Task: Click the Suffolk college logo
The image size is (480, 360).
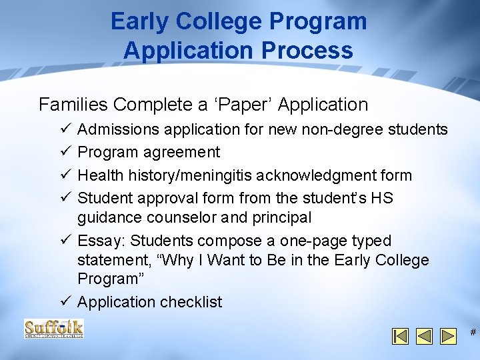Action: (54, 329)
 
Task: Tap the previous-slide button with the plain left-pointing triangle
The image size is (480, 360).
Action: (424, 336)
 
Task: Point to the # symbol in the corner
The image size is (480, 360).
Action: (473, 333)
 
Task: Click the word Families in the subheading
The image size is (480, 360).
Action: (73, 105)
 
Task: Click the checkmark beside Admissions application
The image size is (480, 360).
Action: (64, 129)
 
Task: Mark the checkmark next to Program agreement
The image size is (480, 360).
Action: (64, 152)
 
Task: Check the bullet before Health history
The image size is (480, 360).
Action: (64, 175)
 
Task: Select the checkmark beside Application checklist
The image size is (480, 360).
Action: (64, 302)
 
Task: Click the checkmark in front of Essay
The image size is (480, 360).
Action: (64, 241)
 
